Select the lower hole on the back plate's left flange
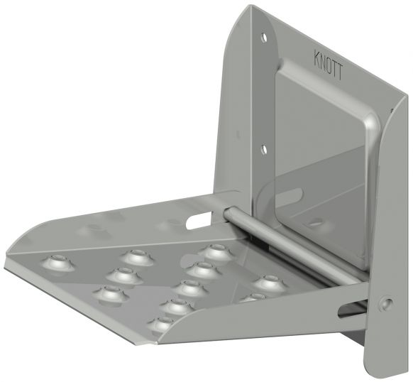click(263, 149)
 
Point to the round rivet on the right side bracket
click(386, 303)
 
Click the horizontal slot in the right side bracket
click(353, 307)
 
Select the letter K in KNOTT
click(316, 55)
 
